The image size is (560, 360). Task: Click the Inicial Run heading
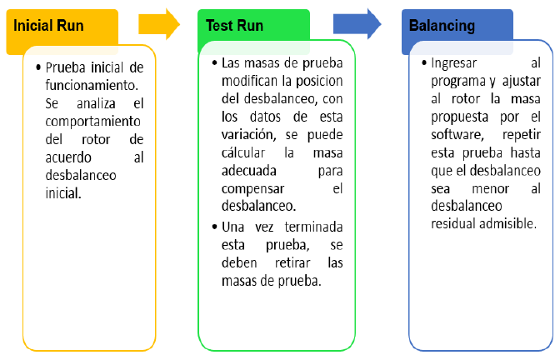pos(49,26)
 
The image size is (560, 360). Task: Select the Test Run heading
pos(235,26)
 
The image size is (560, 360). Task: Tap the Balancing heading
pos(442,26)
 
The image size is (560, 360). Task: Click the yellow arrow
pos(159,24)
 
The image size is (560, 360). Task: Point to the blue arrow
pos(357,24)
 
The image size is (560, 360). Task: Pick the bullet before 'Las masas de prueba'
pos(214,62)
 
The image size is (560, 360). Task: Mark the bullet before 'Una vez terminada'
pos(214,227)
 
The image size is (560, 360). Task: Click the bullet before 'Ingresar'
pos(423,63)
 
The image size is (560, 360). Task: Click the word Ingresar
pos(457,63)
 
